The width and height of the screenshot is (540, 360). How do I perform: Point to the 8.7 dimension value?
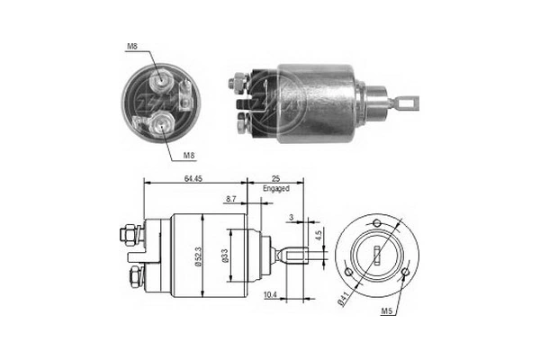coord(231,198)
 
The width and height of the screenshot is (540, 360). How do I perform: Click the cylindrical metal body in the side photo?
coord(315,104)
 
